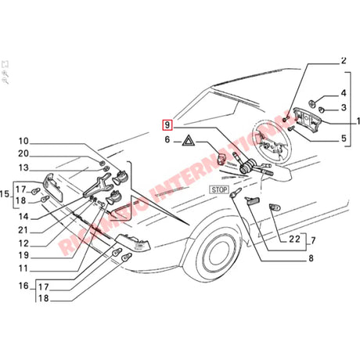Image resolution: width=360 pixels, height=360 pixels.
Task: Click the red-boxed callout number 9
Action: (167, 124)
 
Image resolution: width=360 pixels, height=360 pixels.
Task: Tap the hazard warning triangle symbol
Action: (189, 142)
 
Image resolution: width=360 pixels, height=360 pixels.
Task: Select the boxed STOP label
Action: (218, 189)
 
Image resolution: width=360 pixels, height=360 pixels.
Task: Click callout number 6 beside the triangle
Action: (167, 141)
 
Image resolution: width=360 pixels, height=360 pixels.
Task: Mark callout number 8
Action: (310, 257)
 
